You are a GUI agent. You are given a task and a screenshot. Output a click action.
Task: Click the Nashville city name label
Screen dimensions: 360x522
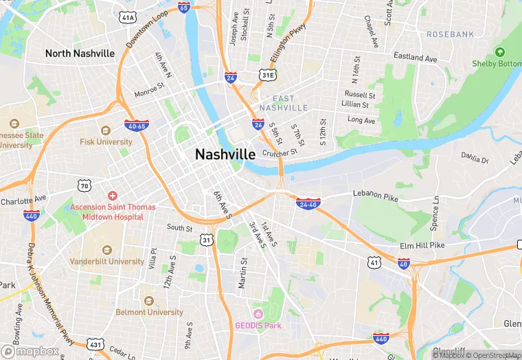[x=225, y=155]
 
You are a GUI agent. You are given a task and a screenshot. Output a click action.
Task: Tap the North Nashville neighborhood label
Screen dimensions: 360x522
[x=80, y=53]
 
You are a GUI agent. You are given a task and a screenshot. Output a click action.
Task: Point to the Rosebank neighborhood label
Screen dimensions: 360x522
[x=450, y=34]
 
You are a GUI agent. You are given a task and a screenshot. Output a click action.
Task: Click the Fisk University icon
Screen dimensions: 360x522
[x=105, y=130]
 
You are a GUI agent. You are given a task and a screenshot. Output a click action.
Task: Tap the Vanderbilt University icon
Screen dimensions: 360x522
[x=106, y=250]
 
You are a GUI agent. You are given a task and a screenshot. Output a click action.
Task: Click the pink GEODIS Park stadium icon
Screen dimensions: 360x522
[x=258, y=313]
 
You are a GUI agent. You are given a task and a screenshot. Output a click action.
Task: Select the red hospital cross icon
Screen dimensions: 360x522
[x=112, y=196]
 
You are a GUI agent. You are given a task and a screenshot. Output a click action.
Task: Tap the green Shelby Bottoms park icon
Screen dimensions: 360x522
[x=499, y=52]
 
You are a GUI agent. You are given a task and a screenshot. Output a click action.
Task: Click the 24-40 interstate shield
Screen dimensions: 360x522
[x=307, y=204]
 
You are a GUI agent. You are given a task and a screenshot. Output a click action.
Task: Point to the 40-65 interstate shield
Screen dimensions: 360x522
[x=135, y=126]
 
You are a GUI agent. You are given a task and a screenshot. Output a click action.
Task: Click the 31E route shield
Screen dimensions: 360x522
[x=268, y=74]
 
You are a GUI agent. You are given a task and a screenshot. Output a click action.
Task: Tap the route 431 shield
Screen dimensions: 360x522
[x=95, y=344]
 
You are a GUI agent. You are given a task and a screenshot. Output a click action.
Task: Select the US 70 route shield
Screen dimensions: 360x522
[x=84, y=185]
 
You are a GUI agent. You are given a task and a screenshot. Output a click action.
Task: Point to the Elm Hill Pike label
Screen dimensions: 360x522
[x=422, y=245]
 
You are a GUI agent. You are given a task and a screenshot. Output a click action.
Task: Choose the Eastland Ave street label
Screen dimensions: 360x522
[x=415, y=58]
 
